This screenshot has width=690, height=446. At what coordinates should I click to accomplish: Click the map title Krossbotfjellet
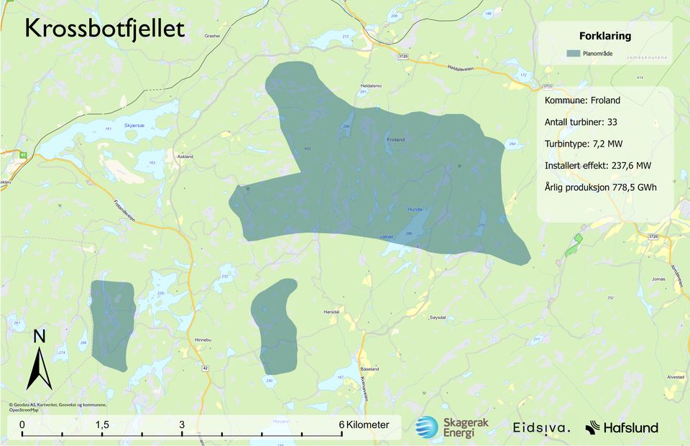point(105,28)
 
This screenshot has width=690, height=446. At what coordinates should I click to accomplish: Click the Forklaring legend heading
point(604,36)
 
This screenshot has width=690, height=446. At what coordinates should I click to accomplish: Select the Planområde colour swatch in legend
point(573,53)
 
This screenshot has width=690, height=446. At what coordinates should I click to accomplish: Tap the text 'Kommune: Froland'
point(582,101)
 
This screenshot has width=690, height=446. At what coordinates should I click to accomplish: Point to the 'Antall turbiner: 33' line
point(581,122)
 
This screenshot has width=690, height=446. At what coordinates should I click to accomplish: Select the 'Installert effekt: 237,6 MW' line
point(598,166)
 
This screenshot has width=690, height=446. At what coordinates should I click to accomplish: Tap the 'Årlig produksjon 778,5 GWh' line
point(600,187)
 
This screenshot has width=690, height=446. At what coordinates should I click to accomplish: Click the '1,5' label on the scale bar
point(102,425)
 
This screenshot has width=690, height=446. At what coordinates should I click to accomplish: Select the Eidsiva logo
point(541,428)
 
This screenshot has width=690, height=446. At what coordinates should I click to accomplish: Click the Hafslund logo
point(622,428)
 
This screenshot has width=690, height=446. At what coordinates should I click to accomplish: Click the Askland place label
point(185,156)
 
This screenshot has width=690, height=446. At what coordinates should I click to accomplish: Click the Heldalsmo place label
point(371,85)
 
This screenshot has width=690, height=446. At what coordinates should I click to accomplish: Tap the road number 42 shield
point(206,368)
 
